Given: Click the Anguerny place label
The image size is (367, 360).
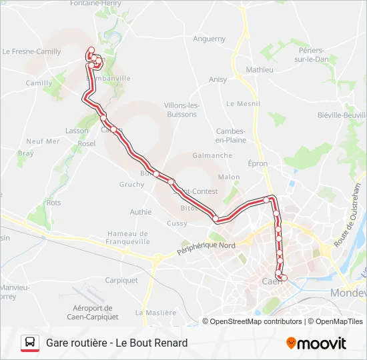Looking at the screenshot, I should [210, 39].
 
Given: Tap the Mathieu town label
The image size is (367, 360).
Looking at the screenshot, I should [260, 70].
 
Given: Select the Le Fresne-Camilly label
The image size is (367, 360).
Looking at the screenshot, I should [31, 51].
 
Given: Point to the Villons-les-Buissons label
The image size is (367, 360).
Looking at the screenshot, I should [180, 110].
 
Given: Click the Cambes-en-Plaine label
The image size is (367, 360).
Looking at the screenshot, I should [231, 135].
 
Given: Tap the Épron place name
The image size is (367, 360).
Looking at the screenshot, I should [258, 163].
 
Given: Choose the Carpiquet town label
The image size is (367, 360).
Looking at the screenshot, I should [121, 280].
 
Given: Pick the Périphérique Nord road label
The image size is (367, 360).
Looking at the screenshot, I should [206, 249].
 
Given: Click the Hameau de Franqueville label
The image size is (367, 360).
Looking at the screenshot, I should [127, 238].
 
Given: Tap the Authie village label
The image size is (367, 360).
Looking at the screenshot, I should [141, 212].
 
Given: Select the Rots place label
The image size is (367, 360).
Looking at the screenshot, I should [53, 203].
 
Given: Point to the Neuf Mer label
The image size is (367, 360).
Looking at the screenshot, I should [43, 141].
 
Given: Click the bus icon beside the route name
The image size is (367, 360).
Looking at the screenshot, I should [30, 343].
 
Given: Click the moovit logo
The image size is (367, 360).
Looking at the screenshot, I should [316, 343].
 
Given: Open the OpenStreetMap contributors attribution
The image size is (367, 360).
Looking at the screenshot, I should [256, 321].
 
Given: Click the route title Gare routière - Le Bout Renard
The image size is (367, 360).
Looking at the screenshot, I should [117, 343].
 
